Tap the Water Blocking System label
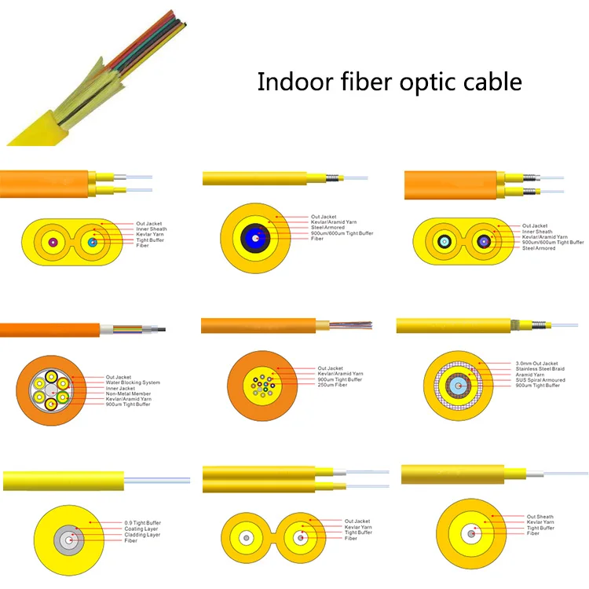click(134, 382)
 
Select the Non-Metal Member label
click(128, 394)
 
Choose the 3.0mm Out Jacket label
click(537, 364)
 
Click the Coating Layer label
click(141, 529)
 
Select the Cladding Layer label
click(143, 535)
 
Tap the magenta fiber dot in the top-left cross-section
click(54, 242)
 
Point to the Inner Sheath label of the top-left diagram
click(152, 229)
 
